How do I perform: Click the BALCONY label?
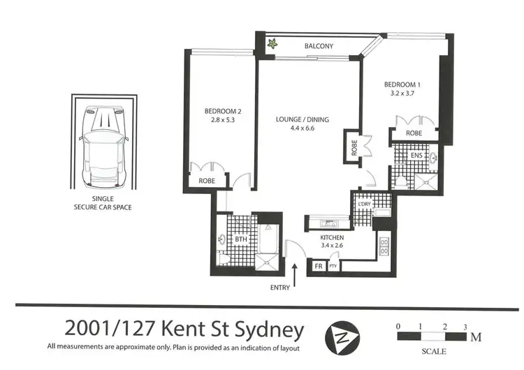click(x=318, y=47)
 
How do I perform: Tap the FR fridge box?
click(x=319, y=266)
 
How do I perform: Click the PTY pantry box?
click(x=333, y=266)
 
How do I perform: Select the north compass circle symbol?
click(x=342, y=339)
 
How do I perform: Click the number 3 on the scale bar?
click(x=465, y=327)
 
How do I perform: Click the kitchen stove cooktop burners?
click(x=384, y=246)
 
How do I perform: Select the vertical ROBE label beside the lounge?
click(x=354, y=147)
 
